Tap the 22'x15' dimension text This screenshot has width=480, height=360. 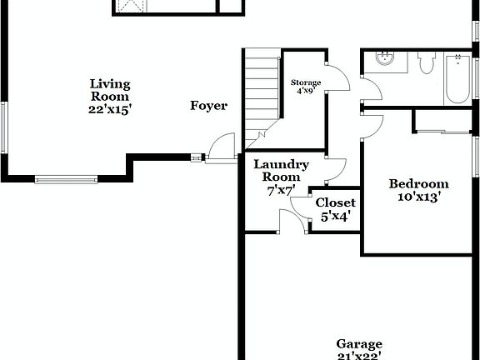pyautogui.click(x=111, y=109)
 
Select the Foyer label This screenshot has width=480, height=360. pyautogui.click(x=208, y=105)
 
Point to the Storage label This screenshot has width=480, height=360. pyautogui.click(x=305, y=82)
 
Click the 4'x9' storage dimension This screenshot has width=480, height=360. pyautogui.click(x=305, y=91)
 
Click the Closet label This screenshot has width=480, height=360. pyautogui.click(x=335, y=202)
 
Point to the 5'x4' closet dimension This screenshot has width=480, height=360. pyautogui.click(x=335, y=216)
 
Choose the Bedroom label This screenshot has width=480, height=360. pyautogui.click(x=419, y=184)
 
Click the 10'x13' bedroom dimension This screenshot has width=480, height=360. pyautogui.click(x=419, y=197)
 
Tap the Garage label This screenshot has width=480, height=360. pyautogui.click(x=359, y=343)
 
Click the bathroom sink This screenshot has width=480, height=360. pyautogui.click(x=385, y=58)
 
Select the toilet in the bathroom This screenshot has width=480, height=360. pyautogui.click(x=427, y=62)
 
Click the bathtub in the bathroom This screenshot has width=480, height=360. pyautogui.click(x=457, y=79)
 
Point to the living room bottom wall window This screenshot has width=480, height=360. pyautogui.click(x=66, y=178)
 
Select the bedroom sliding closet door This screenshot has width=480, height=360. pyautogui.click(x=442, y=131)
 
